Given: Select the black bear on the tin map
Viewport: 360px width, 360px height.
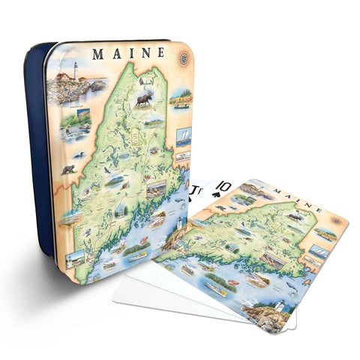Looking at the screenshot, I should (68, 169).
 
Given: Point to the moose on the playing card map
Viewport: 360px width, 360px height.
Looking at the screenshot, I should (291, 217).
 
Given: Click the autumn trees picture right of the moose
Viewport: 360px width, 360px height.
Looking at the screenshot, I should (180, 98).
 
